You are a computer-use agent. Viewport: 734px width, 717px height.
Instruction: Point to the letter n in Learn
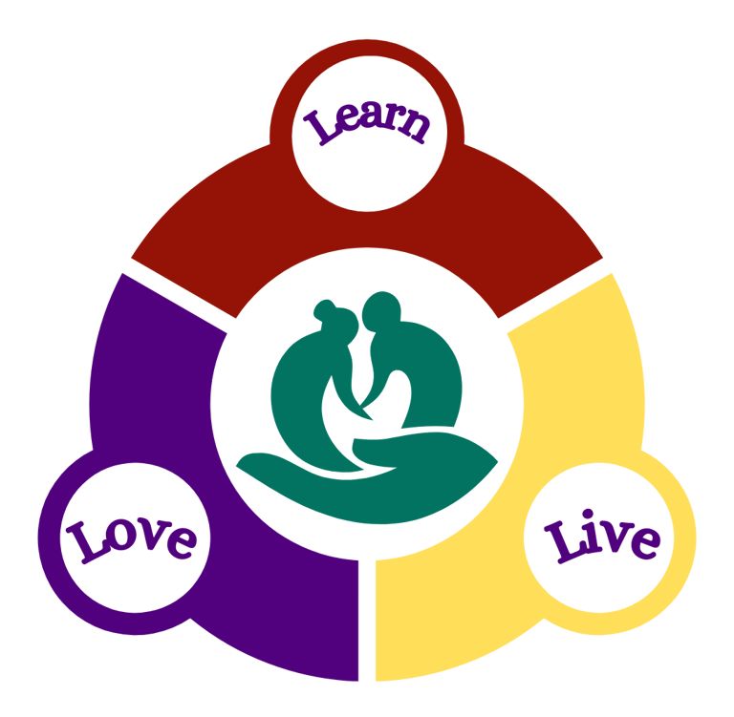(x=415, y=127)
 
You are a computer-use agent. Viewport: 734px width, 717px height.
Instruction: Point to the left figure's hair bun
(x=323, y=309)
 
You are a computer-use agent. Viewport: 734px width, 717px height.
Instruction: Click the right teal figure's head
(x=382, y=310)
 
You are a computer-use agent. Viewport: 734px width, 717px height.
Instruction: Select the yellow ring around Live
(x=669, y=573)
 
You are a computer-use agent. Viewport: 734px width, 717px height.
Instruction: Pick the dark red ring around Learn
(x=287, y=95)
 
